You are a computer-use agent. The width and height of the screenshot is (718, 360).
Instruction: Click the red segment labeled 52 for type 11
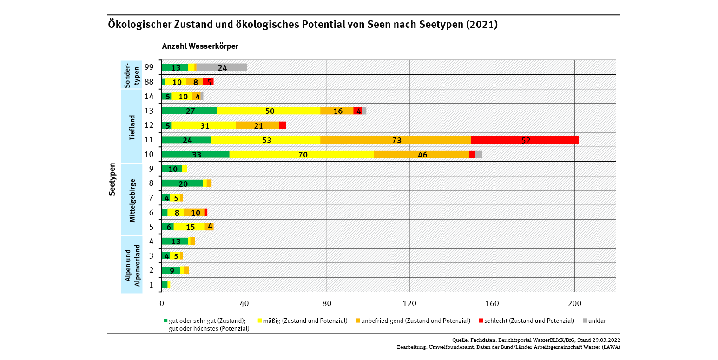click(525, 140)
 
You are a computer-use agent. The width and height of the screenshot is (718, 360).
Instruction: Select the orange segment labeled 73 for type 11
click(395, 140)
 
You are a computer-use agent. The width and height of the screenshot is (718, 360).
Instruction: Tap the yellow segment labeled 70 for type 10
click(302, 154)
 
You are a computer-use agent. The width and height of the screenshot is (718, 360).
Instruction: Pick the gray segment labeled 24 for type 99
click(222, 67)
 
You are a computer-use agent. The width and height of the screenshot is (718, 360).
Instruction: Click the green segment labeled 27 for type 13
click(190, 111)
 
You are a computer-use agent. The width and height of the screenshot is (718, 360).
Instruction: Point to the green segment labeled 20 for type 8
click(182, 183)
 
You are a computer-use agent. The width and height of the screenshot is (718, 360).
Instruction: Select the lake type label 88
click(149, 82)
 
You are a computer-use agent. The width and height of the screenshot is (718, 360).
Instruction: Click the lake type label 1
click(151, 285)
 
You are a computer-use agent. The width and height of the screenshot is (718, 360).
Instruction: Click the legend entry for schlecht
click(525, 321)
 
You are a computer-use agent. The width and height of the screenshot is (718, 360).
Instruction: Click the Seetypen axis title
click(112, 179)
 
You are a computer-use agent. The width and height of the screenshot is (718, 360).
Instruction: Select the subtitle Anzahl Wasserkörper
click(200, 46)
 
